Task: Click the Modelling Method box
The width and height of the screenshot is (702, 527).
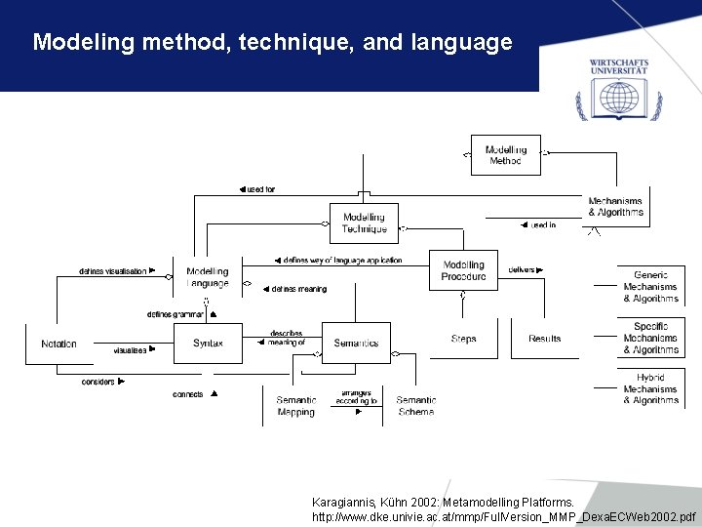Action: (505, 155)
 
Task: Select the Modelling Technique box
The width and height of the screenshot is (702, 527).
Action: (364, 223)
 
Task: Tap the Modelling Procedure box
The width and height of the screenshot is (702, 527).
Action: (463, 270)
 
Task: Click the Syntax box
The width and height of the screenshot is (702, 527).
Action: (208, 344)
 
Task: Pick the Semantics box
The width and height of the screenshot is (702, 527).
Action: (356, 344)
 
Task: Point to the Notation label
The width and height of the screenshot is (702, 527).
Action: (58, 344)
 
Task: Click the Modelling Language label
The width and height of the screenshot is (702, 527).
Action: (208, 277)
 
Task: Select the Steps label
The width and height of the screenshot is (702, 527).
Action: (464, 339)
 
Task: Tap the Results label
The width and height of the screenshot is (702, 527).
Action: (544, 339)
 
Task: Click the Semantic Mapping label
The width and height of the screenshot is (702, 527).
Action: (295, 406)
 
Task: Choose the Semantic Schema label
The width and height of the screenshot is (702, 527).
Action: (415, 406)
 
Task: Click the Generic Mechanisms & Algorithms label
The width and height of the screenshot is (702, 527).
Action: (650, 287)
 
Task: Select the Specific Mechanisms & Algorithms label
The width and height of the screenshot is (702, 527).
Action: (650, 338)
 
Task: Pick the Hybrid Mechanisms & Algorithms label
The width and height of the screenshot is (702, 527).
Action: (650, 388)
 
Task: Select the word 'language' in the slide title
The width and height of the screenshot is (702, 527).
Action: (462, 42)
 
